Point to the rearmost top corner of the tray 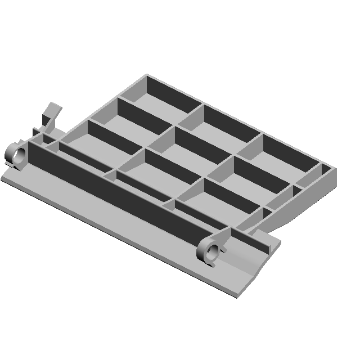[147, 74]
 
